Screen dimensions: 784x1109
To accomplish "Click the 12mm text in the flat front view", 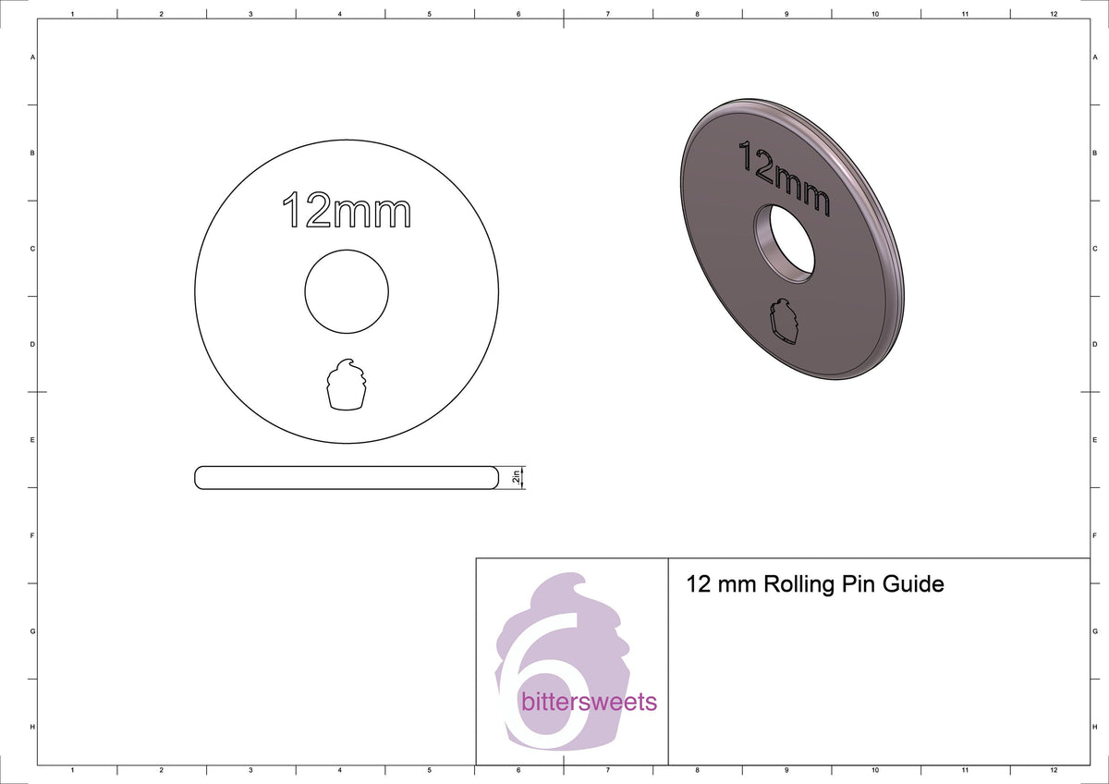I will [x=346, y=212].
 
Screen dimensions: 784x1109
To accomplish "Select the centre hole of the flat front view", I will [x=347, y=291].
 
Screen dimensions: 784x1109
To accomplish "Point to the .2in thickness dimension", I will [x=515, y=477].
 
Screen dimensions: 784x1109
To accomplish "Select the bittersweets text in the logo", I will [x=589, y=703].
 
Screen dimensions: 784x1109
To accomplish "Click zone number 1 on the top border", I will [x=72, y=15].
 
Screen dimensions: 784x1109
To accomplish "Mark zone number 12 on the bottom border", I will [x=1054, y=769].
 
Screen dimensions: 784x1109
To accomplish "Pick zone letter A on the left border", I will [x=33, y=57].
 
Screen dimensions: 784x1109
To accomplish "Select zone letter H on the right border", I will [x=1094, y=728].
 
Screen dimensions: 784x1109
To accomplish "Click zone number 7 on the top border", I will [x=607, y=15].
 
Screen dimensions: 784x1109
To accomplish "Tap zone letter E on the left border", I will [x=33, y=440].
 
